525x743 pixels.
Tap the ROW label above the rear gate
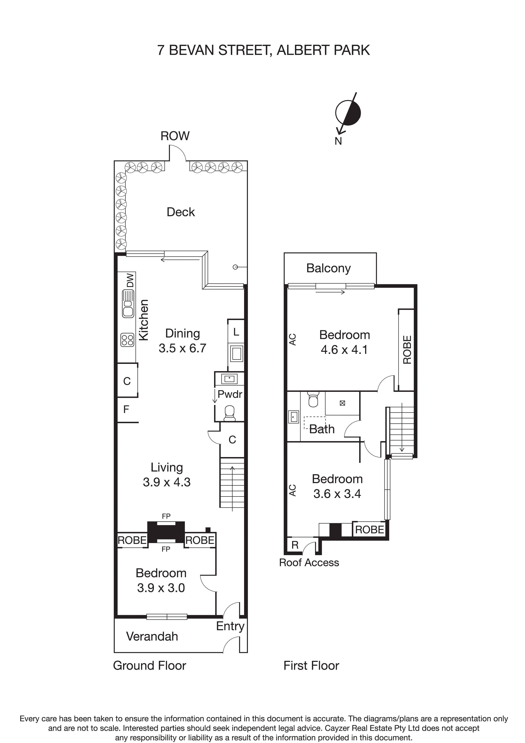(x=175, y=136)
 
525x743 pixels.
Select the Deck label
(x=181, y=212)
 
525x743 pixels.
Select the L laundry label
(x=236, y=332)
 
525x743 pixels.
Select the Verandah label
(x=152, y=636)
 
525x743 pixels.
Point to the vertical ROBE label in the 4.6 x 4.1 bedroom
(x=407, y=350)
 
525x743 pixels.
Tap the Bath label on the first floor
(x=322, y=429)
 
